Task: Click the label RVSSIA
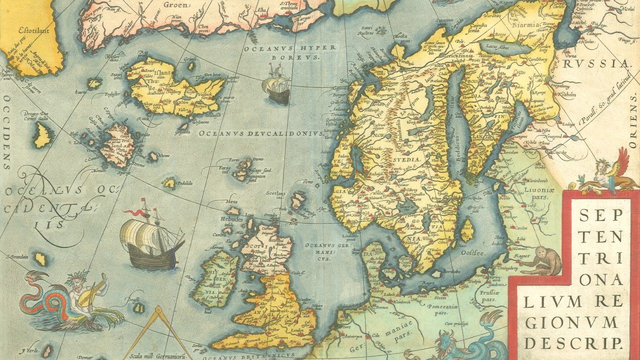pos(595,63)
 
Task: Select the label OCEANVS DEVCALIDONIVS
pos(261,133)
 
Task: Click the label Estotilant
pos(35,30)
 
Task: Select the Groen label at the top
pos(177,5)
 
